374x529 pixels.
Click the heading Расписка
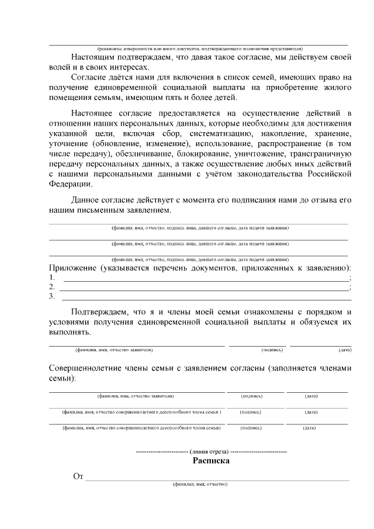211,461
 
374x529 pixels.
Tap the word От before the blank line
78,477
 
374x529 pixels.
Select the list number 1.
51,278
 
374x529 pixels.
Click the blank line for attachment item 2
204,287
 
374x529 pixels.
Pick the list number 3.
51,296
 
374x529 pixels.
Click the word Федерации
70,184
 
